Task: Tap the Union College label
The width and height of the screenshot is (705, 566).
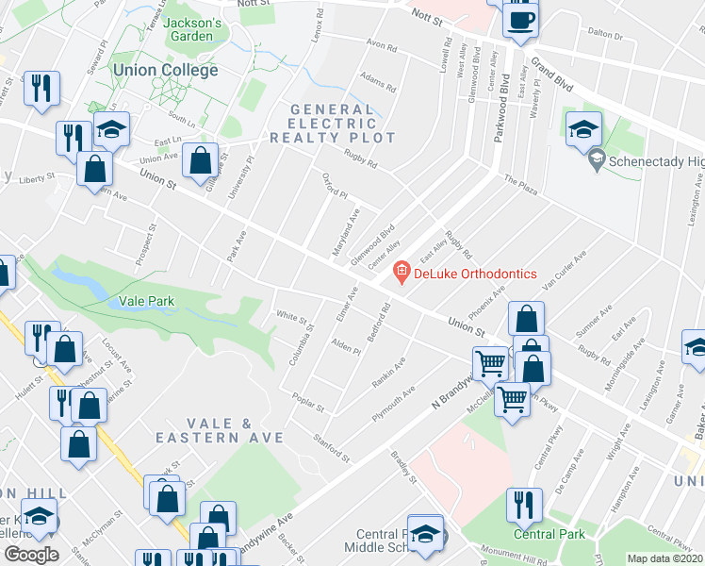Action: tap(165, 70)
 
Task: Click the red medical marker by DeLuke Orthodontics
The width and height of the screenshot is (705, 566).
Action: tap(402, 273)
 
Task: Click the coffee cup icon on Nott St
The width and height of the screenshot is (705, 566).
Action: tap(520, 20)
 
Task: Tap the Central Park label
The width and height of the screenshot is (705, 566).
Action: tap(549, 534)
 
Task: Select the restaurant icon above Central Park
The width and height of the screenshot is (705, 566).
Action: tap(524, 506)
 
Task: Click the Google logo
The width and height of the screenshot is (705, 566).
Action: tap(31, 555)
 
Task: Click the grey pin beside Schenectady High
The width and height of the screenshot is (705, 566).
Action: tap(595, 161)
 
